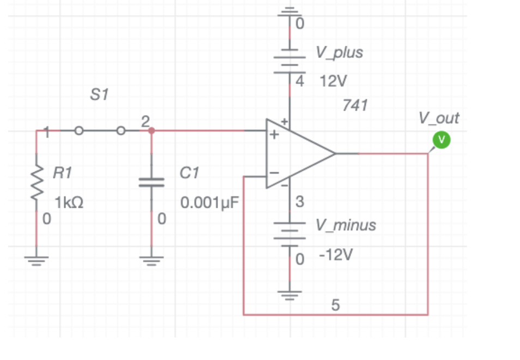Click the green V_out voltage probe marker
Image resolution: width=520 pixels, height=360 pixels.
[442, 140]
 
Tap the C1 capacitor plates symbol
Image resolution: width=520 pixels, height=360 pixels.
[151, 182]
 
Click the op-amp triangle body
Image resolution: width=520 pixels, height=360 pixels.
[294, 154]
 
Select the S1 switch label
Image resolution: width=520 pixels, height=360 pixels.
[99, 95]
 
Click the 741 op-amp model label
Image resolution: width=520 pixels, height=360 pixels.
[355, 105]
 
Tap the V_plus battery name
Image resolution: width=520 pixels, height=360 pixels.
[339, 52]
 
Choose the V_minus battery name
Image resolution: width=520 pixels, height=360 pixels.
[346, 225]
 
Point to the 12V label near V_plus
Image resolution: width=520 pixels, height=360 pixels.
[333, 82]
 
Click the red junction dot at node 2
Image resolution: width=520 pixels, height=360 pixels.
[152, 131]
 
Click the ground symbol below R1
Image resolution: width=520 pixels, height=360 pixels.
[37, 260]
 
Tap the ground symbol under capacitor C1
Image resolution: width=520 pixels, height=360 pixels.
[151, 260]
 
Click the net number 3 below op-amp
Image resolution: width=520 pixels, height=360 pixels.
[299, 201]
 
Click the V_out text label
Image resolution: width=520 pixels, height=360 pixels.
[439, 118]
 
